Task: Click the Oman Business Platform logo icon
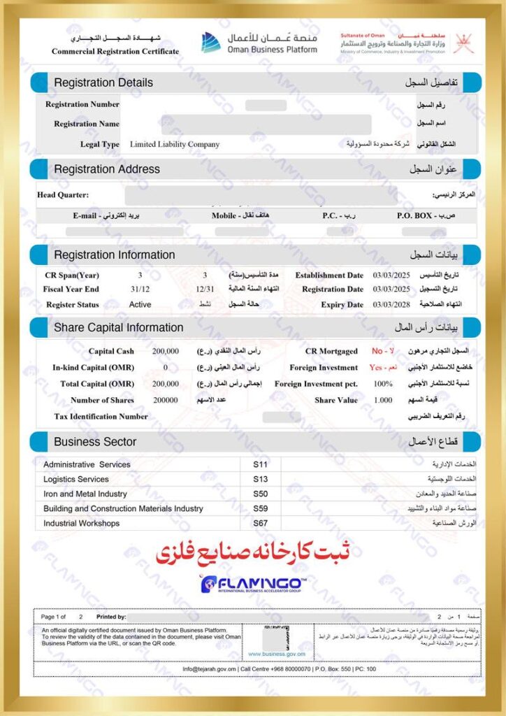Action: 211,42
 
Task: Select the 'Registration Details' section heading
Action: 103,83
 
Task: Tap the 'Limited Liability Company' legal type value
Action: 175,145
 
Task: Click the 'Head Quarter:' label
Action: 63,194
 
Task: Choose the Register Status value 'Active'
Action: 140,305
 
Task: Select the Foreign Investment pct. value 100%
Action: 383,384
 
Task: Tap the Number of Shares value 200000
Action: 166,401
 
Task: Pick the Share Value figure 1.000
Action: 383,401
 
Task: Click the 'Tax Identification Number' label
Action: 101,417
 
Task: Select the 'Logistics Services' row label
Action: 76,479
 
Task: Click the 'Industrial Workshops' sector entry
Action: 81,523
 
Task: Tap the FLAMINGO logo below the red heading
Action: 252,585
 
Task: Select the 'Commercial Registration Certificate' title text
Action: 115,51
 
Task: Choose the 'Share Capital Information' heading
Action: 119,327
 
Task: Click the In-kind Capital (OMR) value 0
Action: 166,367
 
